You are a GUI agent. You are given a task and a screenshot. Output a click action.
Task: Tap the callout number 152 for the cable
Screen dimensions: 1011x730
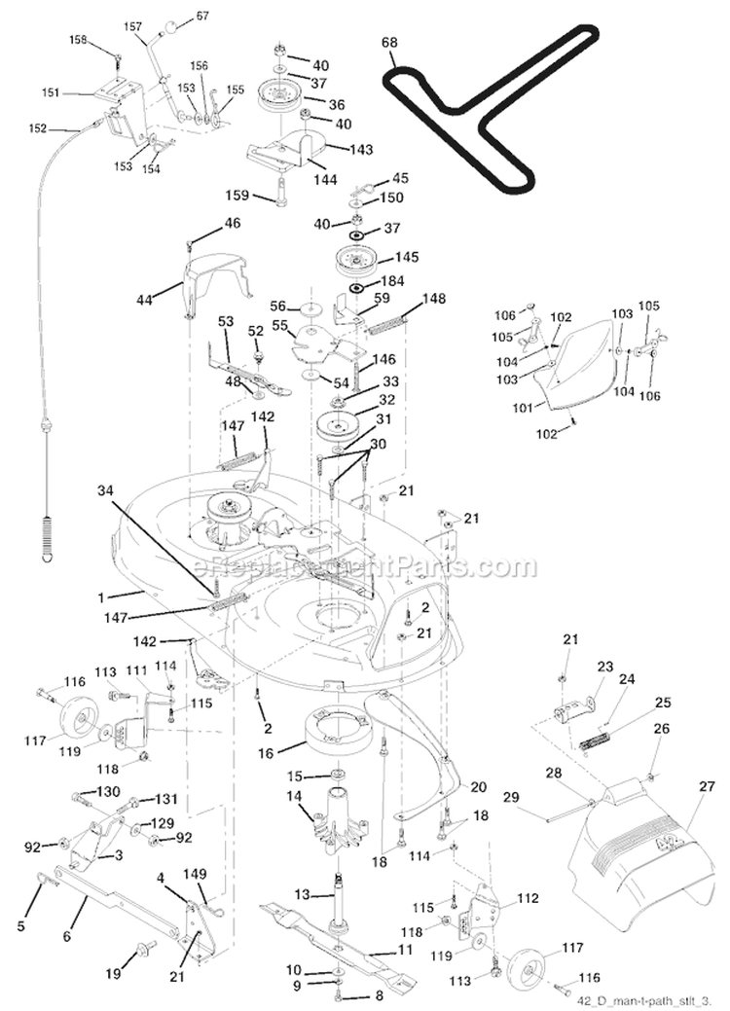coord(64,127)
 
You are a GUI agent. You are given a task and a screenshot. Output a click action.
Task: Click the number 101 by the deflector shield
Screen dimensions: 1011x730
coord(521,410)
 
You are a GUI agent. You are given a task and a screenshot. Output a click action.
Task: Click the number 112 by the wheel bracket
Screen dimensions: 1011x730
coord(527,898)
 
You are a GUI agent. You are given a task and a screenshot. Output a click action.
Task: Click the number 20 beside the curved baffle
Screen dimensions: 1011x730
coord(478,786)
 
